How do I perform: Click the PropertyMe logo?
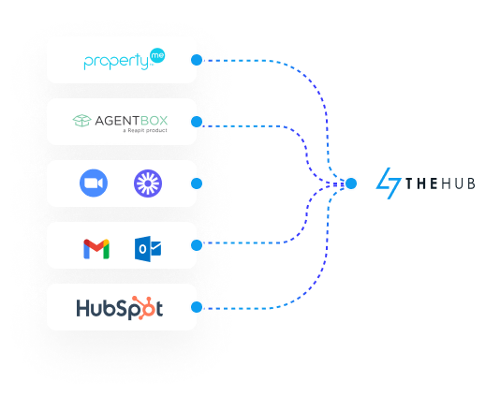coord(125,59)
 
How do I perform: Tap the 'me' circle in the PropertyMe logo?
coord(157,55)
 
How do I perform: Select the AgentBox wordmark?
coord(131,121)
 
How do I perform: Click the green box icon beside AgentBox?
coord(82,121)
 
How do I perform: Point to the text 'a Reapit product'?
coord(145,130)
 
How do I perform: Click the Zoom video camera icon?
coord(94,183)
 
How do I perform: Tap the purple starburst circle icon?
coord(148,183)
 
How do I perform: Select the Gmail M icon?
coord(96,249)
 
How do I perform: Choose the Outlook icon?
coord(148,249)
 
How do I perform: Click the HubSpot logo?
coord(120,308)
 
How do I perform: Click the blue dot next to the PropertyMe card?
coord(197,60)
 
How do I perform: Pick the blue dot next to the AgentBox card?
coord(197,122)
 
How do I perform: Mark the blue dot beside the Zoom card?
coord(197,183)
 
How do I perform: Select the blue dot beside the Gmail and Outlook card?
coord(197,245)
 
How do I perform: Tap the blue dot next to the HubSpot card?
coord(197,307)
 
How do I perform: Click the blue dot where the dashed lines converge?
coord(351,183)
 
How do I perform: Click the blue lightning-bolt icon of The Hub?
coord(388,183)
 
